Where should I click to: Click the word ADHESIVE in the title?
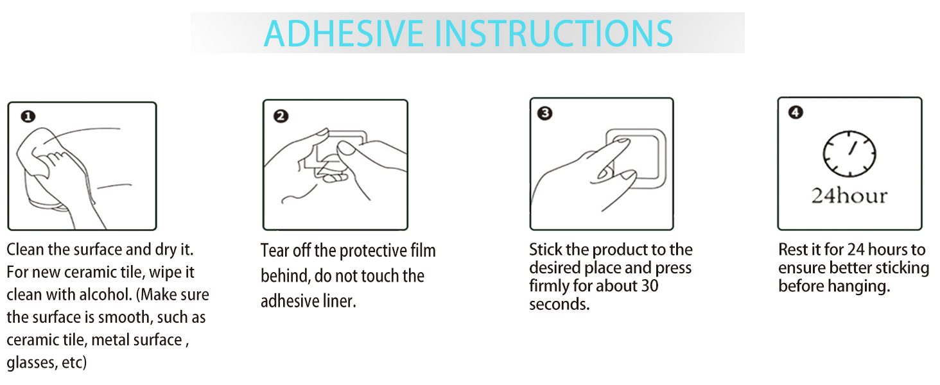(x=344, y=33)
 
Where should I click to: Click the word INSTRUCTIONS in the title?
(x=554, y=33)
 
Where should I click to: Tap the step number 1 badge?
(x=28, y=116)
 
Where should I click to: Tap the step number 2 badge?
(x=281, y=116)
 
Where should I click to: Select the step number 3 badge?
(x=544, y=113)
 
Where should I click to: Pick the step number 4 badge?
(x=796, y=112)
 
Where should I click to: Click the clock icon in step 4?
(x=849, y=153)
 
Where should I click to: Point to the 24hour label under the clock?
(x=849, y=196)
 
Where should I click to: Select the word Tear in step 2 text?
(x=275, y=251)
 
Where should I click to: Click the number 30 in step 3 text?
(x=649, y=286)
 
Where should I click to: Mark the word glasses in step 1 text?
(x=32, y=363)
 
